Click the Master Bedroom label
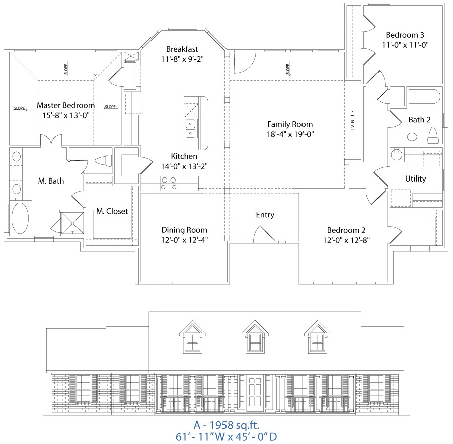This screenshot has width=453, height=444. coord(65,105)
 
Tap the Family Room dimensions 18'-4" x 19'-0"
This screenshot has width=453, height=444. coord(290,134)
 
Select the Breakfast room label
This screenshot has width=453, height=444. coord(182,49)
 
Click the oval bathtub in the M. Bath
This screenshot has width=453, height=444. coord(20,218)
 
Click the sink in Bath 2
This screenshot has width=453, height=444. coord(413,136)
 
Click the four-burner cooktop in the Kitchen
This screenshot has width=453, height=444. coord(168,184)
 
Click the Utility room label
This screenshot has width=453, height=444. coord(415,179)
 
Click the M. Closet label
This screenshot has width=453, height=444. coord(112,211)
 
